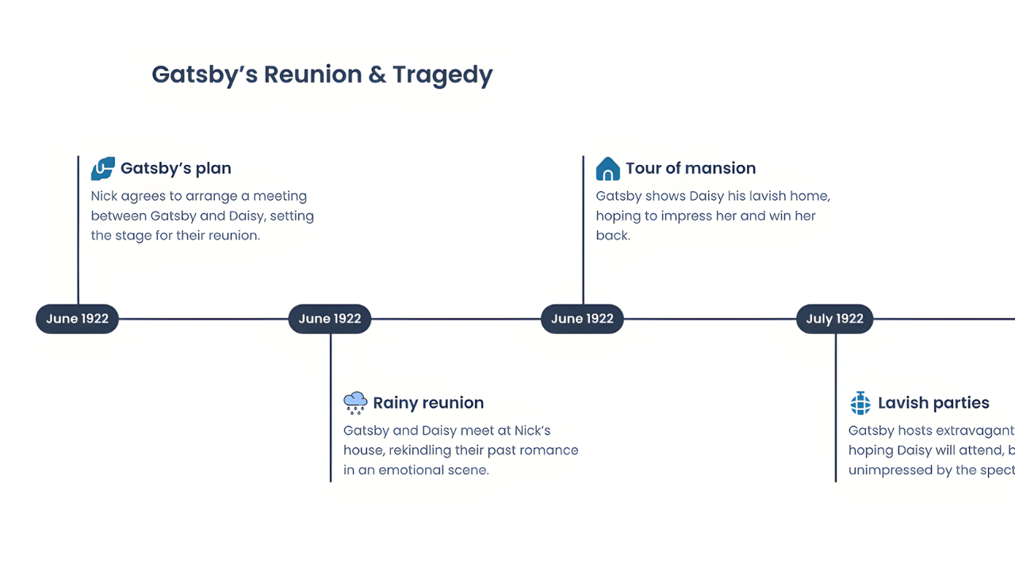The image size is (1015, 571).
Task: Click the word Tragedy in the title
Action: tap(442, 75)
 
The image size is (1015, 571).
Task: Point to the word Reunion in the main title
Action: tap(312, 75)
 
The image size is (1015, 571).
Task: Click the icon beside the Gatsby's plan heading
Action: tap(103, 168)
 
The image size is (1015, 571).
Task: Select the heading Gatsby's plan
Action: tap(176, 168)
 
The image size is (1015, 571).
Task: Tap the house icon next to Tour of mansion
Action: tap(607, 168)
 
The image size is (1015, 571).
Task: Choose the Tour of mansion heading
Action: tap(691, 168)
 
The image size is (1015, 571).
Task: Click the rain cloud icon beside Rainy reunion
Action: tap(355, 403)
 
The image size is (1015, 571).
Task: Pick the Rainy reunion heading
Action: tap(428, 403)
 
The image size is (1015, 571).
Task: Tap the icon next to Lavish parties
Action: tap(860, 403)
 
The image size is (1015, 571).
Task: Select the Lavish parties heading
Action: tap(933, 403)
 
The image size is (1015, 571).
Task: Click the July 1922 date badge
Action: tap(834, 319)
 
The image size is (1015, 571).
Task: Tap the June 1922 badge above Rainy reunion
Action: tap(330, 319)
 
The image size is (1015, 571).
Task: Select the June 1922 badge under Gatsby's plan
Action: tap(77, 319)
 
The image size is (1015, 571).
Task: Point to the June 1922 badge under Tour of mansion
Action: tap(582, 319)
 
